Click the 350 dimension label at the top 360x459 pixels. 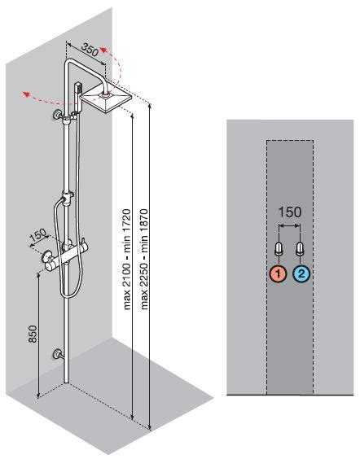pos(90,49)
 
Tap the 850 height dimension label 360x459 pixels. pos(33,334)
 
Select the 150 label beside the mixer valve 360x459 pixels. pos(38,235)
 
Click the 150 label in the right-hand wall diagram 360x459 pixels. pos(289,212)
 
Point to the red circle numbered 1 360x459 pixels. pos(278,274)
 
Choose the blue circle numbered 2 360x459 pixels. pos(301,274)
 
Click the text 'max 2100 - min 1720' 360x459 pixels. pos(127,259)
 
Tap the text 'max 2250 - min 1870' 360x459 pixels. pos(144,259)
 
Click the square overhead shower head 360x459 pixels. pos(107,97)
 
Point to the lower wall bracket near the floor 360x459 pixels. pos(57,354)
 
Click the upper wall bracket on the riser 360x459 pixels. pos(57,115)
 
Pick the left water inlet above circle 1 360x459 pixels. pos(279,249)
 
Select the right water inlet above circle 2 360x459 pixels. pos(301,249)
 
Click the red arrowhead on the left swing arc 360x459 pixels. pos(27,94)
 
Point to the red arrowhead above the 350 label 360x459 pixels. pos(103,50)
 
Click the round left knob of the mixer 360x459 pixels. pos(46,258)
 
